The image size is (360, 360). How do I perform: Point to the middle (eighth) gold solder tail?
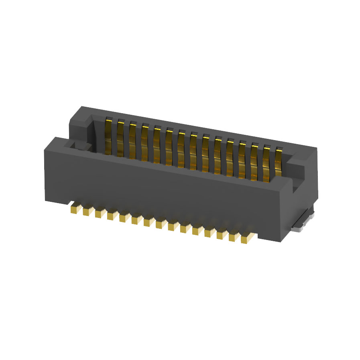pyautogui.click(x=161, y=224)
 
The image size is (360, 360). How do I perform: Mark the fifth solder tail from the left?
pyautogui.click(x=124, y=218)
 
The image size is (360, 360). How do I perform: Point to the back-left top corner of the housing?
pyautogui.click(x=82, y=107)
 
